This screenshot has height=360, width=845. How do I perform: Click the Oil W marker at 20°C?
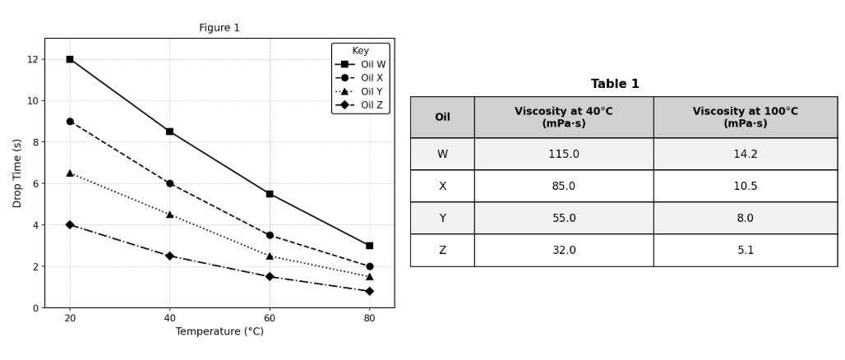click(x=70, y=59)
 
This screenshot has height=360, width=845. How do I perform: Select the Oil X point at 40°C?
click(x=170, y=183)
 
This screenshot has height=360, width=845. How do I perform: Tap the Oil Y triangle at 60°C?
click(x=270, y=256)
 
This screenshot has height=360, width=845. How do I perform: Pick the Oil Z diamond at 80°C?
click(x=369, y=291)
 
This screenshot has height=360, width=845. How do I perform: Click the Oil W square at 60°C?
click(x=270, y=194)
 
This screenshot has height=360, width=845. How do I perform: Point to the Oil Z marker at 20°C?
click(x=70, y=224)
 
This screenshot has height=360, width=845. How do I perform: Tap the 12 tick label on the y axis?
click(x=33, y=59)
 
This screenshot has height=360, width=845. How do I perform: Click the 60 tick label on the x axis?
click(x=270, y=317)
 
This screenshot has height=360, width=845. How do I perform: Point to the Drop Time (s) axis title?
click(x=17, y=173)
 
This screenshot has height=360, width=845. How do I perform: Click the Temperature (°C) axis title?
click(x=219, y=332)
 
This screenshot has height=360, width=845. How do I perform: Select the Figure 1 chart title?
click(x=219, y=28)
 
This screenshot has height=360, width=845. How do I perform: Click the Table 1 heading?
click(x=615, y=84)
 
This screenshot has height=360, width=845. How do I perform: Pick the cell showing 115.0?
click(x=564, y=154)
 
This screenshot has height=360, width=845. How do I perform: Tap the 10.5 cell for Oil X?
click(x=745, y=186)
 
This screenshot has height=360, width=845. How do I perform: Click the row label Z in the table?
click(x=442, y=250)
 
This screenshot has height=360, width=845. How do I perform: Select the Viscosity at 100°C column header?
click(x=745, y=118)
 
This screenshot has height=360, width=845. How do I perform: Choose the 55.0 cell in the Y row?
click(x=564, y=218)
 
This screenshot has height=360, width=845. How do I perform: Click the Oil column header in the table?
click(x=442, y=118)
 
